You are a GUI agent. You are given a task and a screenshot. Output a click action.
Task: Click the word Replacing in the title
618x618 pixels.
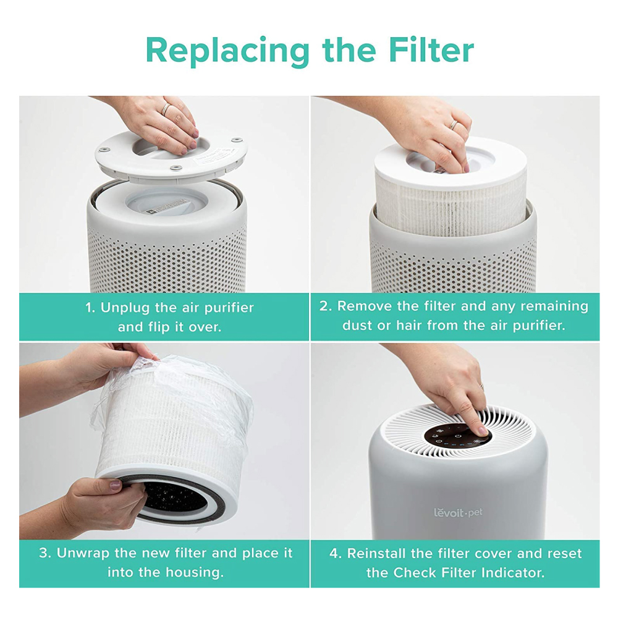coord(225,51)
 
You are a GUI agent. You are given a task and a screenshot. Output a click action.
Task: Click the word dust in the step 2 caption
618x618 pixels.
coord(358,325)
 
